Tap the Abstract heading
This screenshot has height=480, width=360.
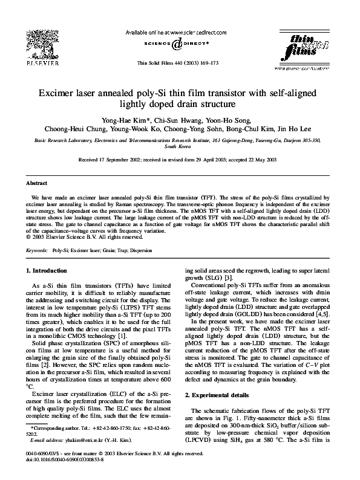pyautogui.click(x=37, y=183)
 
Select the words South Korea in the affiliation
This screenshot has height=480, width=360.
pyautogui.click(x=180, y=146)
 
